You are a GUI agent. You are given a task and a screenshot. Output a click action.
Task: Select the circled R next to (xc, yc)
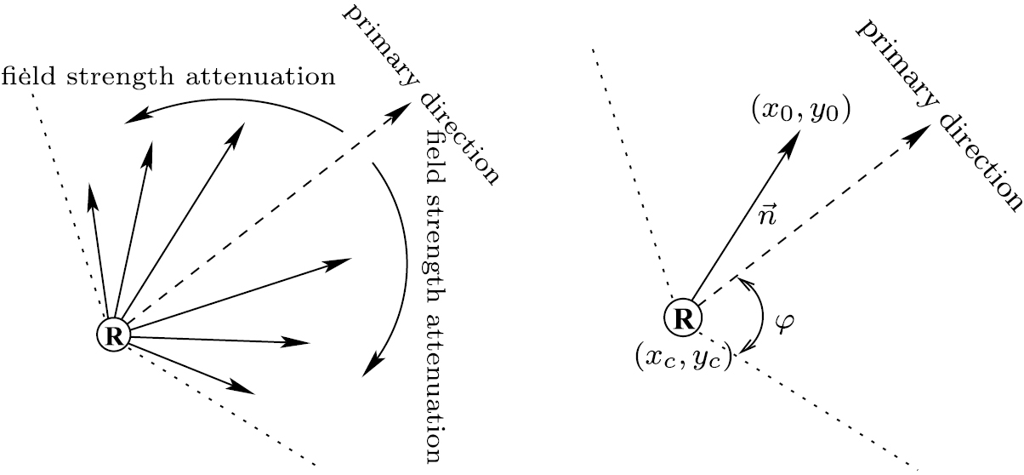681,318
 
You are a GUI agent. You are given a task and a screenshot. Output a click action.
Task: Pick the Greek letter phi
785,324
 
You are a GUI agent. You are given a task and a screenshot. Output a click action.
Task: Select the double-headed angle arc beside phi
753,314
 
